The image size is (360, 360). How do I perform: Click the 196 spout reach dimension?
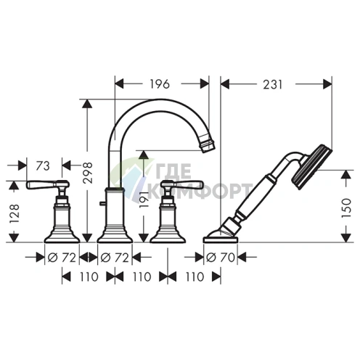click(x=160, y=84)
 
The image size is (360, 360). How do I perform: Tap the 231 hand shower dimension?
click(x=273, y=85)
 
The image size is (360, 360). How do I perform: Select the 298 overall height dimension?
click(x=88, y=173)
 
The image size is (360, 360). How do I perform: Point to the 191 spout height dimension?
click(x=143, y=200)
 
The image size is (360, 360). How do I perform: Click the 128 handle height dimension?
click(x=15, y=214)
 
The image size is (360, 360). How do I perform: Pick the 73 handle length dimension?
click(x=43, y=166)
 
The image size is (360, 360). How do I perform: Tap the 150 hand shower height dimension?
click(x=346, y=208)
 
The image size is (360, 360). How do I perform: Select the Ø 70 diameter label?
click(x=221, y=258)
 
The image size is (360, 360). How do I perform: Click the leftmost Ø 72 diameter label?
click(x=62, y=258)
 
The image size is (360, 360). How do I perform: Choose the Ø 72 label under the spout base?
click(x=115, y=258)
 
